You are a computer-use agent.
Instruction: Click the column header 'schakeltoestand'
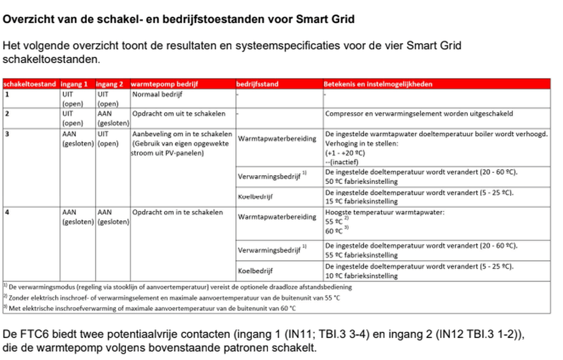point(30,84)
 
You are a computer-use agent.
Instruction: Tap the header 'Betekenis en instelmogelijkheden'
point(378,84)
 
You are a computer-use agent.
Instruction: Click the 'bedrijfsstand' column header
point(258,84)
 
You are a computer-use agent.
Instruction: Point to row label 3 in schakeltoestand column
point(7,134)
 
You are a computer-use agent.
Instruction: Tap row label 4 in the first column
point(7,212)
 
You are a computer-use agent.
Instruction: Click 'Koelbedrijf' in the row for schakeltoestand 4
point(255,270)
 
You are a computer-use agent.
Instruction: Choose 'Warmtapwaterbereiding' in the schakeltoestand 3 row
point(277,139)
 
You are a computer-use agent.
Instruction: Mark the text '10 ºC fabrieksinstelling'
point(362,276)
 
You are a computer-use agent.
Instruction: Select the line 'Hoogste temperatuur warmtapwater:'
point(385,212)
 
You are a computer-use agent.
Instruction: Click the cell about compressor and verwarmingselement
point(418,114)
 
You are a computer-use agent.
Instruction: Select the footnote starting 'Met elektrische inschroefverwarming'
point(152,308)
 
